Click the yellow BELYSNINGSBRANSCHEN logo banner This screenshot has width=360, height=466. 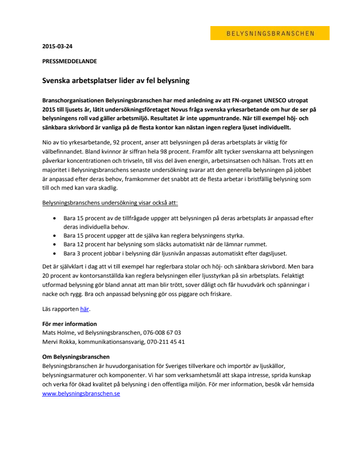pos(270,33)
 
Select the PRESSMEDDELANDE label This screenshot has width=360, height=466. pos(69,61)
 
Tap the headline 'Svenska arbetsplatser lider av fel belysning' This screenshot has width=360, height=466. pos(116,81)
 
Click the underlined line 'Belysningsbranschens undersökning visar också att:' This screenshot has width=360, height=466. pos(110,203)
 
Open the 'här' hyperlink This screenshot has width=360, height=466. pos(85,309)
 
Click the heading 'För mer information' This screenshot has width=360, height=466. pos(69,324)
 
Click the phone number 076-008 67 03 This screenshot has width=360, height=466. pos(162,333)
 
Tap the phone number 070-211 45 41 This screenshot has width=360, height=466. pos(166,342)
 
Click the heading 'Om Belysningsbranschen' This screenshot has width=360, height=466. pos(76,357)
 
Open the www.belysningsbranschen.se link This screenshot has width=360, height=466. pos(81,394)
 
